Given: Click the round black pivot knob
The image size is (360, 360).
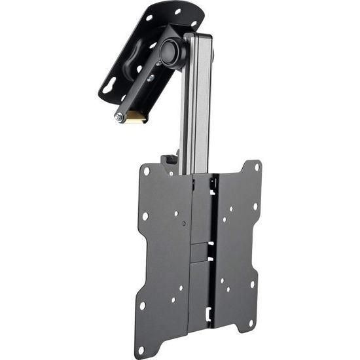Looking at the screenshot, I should click(x=172, y=51).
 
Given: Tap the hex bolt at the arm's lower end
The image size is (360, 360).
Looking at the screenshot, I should click(x=120, y=118).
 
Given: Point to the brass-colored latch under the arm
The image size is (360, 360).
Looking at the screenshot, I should click(x=135, y=118).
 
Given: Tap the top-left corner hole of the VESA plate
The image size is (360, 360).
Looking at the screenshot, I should click(x=147, y=171).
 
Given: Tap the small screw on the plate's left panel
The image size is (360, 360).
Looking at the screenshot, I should click(x=184, y=224).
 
